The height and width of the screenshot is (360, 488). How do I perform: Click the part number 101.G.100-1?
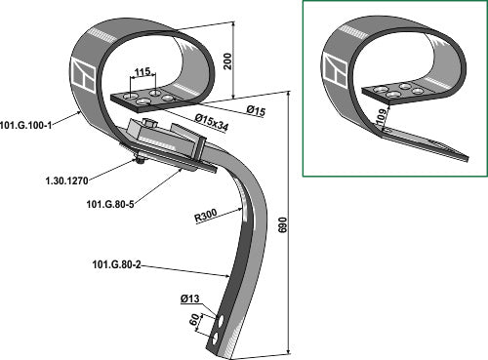tap(26, 125)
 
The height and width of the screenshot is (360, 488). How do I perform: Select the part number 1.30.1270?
tap(67, 180)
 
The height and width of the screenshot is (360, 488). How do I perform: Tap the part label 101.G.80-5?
tap(110, 204)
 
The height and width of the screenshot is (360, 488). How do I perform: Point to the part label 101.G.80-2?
tap(116, 264)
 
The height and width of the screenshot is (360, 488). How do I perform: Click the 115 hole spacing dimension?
tap(142, 71)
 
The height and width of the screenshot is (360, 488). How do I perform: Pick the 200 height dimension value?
tap(228, 60)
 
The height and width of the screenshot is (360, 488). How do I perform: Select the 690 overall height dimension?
tap(283, 224)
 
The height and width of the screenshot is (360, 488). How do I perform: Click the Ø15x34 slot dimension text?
tap(212, 123)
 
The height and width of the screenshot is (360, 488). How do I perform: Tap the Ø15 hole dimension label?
tap(256, 111)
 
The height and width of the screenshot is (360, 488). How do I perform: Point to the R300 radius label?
tap(206, 216)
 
